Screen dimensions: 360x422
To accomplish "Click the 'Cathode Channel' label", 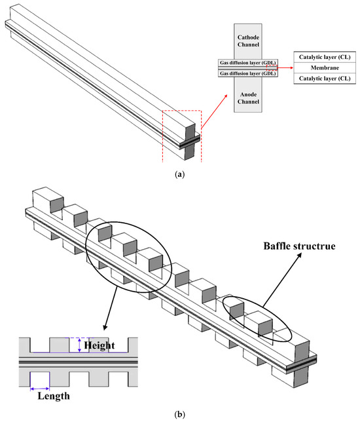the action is [x=248, y=41].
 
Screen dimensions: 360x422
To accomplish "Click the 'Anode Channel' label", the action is [x=248, y=98].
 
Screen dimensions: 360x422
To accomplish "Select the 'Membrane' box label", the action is [x=325, y=68].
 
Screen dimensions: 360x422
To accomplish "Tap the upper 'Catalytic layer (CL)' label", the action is [x=325, y=57].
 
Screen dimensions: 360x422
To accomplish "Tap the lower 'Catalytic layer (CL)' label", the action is [x=325, y=79].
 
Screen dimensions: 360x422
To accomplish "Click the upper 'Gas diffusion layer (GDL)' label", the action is [x=247, y=63].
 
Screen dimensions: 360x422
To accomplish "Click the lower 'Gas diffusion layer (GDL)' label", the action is [x=247, y=73].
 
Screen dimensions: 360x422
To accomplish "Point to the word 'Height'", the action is [x=99, y=345].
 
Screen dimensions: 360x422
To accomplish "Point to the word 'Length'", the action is [x=54, y=396].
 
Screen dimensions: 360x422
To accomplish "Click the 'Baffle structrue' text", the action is [x=299, y=246].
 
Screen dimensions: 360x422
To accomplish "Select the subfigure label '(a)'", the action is [x=179, y=174].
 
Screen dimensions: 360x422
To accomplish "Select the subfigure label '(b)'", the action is [x=179, y=414].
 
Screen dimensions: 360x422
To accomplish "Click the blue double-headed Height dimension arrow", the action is [x=79, y=345].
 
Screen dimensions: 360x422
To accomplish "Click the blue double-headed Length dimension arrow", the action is [x=40, y=389].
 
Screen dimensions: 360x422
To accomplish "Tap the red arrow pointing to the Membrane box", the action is [x=285, y=68].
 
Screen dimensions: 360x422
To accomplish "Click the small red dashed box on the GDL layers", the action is [x=272, y=68].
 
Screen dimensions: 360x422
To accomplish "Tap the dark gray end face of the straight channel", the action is [x=190, y=142].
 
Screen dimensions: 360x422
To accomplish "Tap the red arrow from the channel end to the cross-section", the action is [x=214, y=111].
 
